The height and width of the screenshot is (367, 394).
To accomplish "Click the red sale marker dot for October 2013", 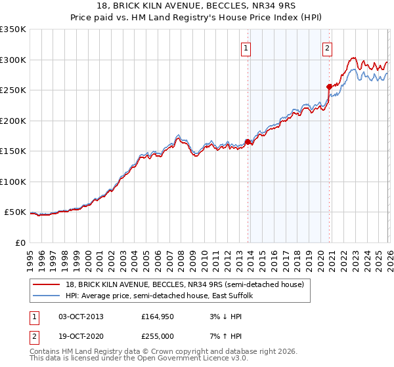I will pos(248,142).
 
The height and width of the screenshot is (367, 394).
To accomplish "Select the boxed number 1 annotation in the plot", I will pos(246,47).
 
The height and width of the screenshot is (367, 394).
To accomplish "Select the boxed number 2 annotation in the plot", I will pos(327,47).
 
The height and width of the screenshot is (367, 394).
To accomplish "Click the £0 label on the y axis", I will pos(19,242).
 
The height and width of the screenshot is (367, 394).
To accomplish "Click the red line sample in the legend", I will pos(47,285).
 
